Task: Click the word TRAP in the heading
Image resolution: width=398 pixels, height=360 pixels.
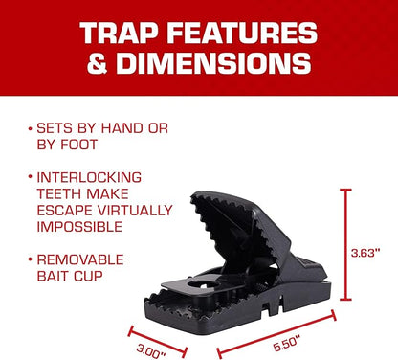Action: (113, 34)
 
